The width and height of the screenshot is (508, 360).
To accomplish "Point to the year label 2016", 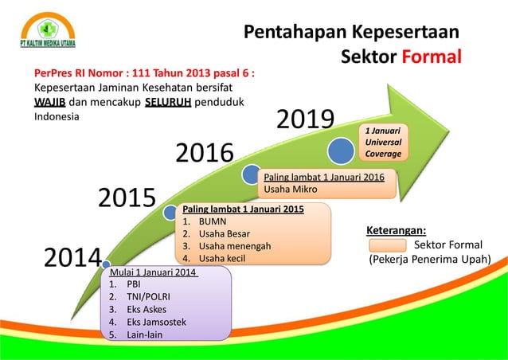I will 205,152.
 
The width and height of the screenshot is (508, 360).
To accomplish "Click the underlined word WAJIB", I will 50,102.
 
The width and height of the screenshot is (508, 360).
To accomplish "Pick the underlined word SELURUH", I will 166,102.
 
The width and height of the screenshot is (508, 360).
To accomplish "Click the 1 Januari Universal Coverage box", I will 383,141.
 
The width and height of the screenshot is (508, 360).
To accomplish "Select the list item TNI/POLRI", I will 149,296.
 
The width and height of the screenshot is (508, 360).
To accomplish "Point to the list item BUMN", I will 213,221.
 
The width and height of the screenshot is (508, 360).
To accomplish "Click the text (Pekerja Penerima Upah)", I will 429,259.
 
